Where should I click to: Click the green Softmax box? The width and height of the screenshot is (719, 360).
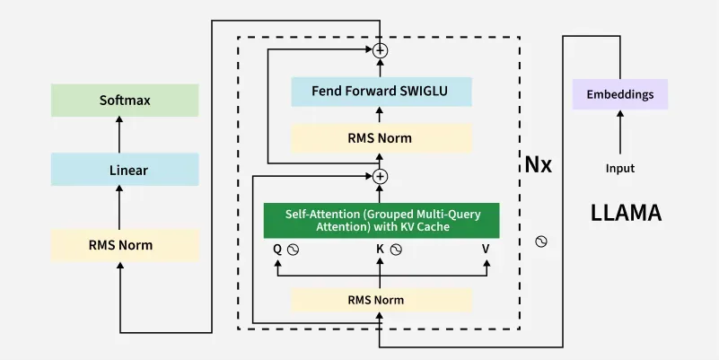[125, 100]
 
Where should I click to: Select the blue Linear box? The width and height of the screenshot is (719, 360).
[125, 170]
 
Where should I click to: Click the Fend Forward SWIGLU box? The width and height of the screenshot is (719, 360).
[381, 92]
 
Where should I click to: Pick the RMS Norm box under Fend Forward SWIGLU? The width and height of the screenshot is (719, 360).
[381, 137]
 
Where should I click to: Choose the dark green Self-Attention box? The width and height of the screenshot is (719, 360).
[381, 221]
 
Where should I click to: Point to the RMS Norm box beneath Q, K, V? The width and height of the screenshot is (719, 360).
[381, 299]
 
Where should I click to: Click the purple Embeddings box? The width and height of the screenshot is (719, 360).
[619, 94]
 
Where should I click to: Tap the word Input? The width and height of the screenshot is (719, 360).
[619, 168]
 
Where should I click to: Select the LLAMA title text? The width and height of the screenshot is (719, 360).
[626, 214]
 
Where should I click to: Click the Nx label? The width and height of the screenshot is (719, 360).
[539, 166]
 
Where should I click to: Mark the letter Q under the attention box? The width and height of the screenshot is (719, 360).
[277, 250]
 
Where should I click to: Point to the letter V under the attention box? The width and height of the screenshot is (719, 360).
[486, 250]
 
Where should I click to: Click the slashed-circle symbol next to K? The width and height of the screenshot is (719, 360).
[396, 250]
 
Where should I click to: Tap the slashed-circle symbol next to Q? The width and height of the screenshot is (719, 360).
[293, 250]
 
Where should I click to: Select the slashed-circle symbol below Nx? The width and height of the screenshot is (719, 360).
[541, 241]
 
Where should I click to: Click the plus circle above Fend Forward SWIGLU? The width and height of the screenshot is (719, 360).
[381, 50]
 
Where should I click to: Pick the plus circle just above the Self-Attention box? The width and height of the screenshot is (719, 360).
[381, 176]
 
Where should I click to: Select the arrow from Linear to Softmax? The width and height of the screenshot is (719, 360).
[120, 135]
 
